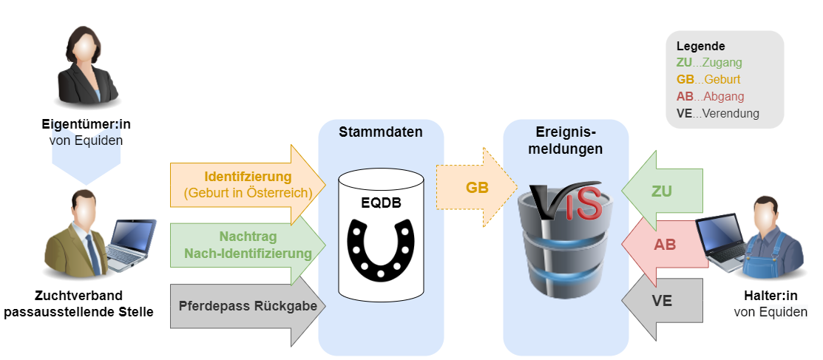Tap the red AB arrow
tap(664, 245)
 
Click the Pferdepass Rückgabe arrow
tap(248, 306)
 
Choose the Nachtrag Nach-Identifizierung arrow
tap(248, 245)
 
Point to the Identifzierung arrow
tap(248, 185)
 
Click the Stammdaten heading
tap(381, 132)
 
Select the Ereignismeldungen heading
tap(566, 140)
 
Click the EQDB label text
tap(382, 203)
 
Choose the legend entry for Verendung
tap(717, 114)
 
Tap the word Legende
tap(700, 46)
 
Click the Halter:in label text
tap(770, 296)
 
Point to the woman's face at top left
tap(88, 50)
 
